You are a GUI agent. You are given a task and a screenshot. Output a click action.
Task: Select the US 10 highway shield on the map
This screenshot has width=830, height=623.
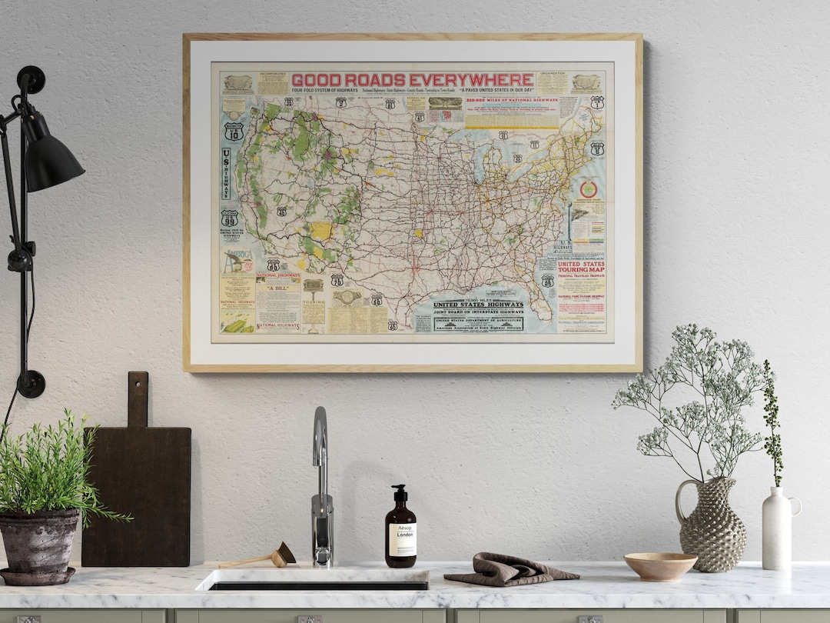click(234, 132)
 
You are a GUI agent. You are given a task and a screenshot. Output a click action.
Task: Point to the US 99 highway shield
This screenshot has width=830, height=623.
click(229, 218)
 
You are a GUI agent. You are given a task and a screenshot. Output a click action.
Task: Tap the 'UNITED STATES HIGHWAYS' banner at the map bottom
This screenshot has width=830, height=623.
click(477, 305)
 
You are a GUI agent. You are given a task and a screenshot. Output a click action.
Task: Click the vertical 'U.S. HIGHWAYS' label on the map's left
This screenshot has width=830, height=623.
click(226, 174)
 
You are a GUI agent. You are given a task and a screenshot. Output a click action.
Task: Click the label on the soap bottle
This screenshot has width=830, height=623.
click(400, 539)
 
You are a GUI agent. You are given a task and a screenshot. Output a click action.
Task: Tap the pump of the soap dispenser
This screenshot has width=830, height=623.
click(398, 491)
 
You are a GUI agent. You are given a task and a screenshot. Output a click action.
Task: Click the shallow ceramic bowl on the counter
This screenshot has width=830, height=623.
click(659, 565)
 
